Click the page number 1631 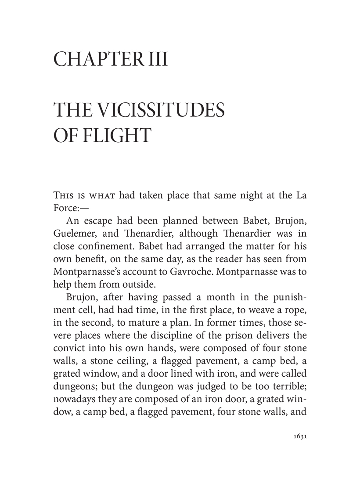[x=298, y=437]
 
